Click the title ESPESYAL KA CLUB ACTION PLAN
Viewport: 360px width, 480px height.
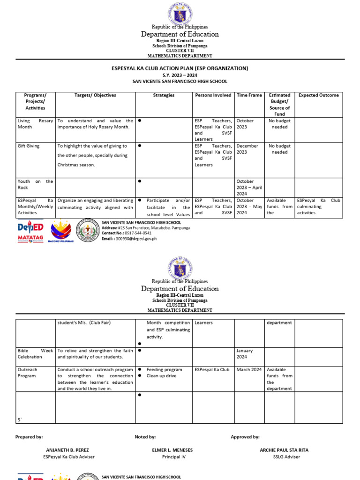180,68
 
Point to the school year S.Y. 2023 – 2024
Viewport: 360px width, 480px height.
180,75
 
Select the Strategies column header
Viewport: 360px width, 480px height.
164,95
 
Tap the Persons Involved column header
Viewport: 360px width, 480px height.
213,95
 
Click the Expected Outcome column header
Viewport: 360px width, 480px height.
319,95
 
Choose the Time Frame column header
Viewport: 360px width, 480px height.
249,95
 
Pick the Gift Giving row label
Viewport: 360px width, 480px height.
29,146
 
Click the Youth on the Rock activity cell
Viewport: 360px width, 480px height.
35,184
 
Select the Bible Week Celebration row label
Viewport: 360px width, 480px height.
35,353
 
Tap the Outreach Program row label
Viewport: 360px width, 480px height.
28,373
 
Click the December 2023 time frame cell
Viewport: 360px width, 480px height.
247,149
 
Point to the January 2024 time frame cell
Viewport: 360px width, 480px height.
245,353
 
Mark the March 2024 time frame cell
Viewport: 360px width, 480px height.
249,369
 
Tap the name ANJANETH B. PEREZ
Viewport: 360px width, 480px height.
68,450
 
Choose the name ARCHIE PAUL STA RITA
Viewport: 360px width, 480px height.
284,450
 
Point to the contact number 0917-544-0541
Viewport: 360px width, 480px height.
134,233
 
